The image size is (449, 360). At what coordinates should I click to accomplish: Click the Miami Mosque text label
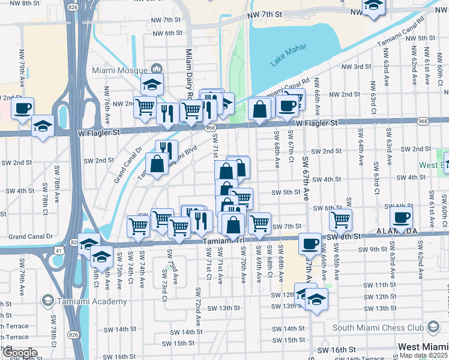120,70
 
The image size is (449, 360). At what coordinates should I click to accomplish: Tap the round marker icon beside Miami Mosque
158,69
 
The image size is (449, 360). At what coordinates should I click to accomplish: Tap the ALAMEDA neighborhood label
397,231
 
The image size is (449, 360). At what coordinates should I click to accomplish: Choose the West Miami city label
423,347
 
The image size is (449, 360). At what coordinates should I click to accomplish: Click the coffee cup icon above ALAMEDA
402,218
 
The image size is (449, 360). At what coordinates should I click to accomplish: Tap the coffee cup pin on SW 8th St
310,244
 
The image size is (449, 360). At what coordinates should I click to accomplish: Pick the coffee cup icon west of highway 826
23,109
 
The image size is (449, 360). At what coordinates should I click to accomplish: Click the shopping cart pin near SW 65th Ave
340,220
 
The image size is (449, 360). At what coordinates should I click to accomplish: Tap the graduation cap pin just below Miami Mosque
152,85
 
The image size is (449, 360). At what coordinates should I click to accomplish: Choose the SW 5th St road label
285,193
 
